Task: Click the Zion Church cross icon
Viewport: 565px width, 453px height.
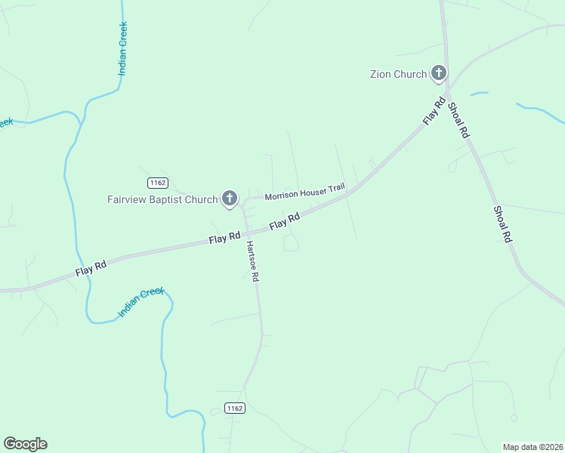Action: pyautogui.click(x=438, y=73)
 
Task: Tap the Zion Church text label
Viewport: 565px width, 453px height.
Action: pyautogui.click(x=398, y=74)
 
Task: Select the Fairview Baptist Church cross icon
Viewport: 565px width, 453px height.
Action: pyautogui.click(x=230, y=199)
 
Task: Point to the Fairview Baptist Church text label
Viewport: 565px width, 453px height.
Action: pyautogui.click(x=162, y=199)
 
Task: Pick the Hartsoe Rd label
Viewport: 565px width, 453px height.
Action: pyautogui.click(x=254, y=262)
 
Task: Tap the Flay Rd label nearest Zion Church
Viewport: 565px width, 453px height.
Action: pyautogui.click(x=434, y=112)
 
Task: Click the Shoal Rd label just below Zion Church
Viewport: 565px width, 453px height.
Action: pyautogui.click(x=459, y=119)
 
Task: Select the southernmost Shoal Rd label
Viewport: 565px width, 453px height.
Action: pyautogui.click(x=503, y=223)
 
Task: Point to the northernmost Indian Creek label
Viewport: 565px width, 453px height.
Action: pyautogui.click(x=123, y=49)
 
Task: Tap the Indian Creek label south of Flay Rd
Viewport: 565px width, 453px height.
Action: pyautogui.click(x=141, y=302)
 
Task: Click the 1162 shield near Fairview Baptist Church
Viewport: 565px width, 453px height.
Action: pyautogui.click(x=157, y=183)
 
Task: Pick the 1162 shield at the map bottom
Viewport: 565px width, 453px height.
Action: pyautogui.click(x=235, y=408)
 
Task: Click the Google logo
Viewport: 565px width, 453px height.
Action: pyautogui.click(x=25, y=444)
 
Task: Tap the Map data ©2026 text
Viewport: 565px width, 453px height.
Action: pyautogui.click(x=533, y=446)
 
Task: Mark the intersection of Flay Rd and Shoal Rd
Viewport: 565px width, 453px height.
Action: pyautogui.click(x=447, y=97)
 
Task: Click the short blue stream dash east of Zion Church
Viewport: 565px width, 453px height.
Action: pyautogui.click(x=479, y=94)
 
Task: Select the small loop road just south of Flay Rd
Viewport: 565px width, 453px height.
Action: pyautogui.click(x=290, y=243)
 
